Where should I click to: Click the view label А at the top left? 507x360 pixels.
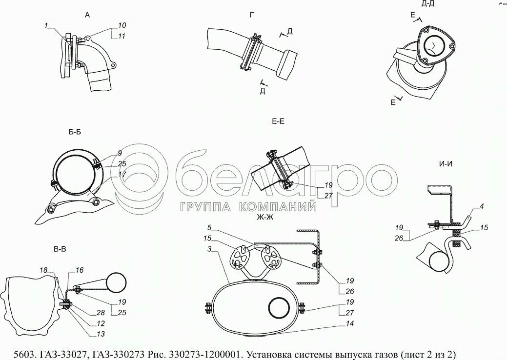(x=87, y=15)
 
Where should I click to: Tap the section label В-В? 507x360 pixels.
(x=60, y=250)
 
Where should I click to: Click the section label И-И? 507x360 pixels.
(x=446, y=163)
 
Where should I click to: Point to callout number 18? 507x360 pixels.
(x=44, y=269)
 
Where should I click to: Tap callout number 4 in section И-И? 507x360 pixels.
(x=481, y=207)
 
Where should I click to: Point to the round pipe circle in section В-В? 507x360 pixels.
(x=118, y=282)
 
